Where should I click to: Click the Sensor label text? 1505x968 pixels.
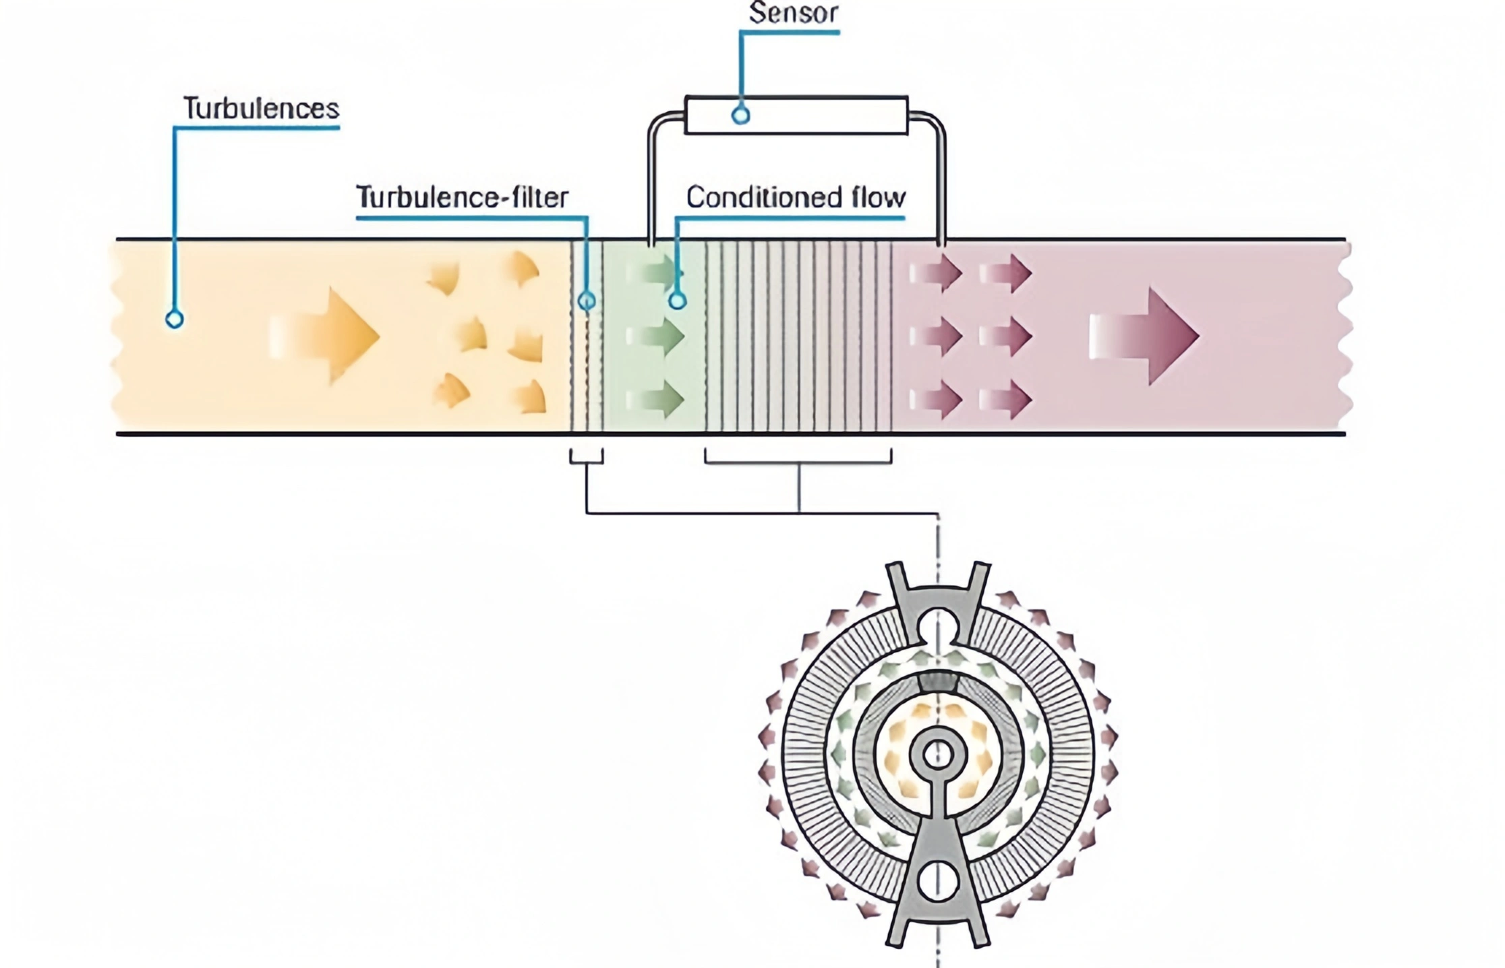[793, 13]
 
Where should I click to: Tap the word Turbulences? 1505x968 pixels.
[261, 109]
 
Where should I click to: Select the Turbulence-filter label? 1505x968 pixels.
[462, 198]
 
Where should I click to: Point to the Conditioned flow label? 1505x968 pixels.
[796, 198]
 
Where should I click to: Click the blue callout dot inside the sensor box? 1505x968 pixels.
[740, 115]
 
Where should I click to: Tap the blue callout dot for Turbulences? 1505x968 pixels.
[175, 320]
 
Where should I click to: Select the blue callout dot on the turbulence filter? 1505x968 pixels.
[587, 301]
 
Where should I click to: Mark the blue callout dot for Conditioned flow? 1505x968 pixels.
[677, 301]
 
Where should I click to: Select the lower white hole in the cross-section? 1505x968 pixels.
[937, 880]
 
